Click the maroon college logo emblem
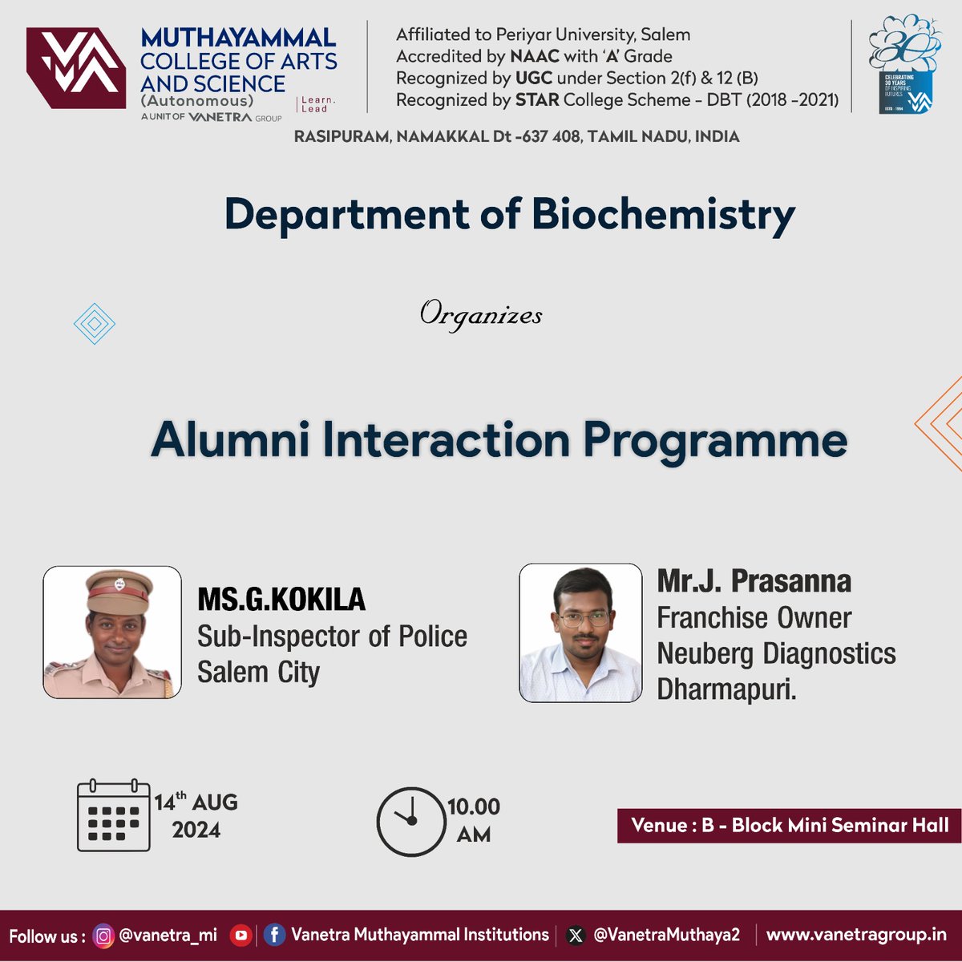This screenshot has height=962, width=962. (x=76, y=68)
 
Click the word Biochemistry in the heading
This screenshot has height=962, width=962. (x=663, y=215)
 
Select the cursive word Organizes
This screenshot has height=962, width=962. (x=481, y=314)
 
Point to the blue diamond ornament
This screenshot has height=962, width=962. (x=94, y=324)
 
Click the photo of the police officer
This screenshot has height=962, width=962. (x=112, y=633)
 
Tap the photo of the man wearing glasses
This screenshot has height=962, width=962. (x=580, y=633)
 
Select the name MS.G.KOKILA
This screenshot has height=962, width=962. (x=281, y=599)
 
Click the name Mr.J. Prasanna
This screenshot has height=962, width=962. (x=754, y=581)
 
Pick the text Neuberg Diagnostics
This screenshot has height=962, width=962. (x=776, y=653)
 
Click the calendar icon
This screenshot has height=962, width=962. (x=114, y=815)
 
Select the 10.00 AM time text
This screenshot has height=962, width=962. (x=473, y=820)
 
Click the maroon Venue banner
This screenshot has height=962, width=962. (x=789, y=825)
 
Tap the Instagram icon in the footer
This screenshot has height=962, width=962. (x=103, y=936)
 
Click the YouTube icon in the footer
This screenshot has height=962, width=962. (x=240, y=936)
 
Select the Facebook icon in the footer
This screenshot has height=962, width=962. (x=274, y=936)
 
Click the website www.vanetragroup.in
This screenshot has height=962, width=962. (x=856, y=935)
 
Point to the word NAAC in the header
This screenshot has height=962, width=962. (x=534, y=56)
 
